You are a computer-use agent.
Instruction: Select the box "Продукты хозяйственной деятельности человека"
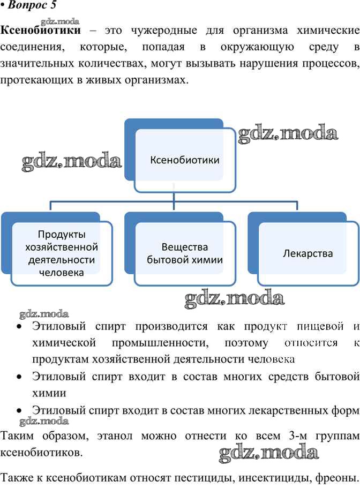point(62,253)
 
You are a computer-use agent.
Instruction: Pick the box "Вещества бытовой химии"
point(185,253)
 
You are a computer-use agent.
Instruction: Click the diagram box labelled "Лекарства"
point(307,253)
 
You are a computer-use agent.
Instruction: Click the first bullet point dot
point(19,326)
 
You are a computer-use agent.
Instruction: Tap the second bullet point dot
point(19,377)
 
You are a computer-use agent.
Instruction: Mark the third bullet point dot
point(19,410)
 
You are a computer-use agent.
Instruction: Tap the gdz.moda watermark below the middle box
point(234,299)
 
